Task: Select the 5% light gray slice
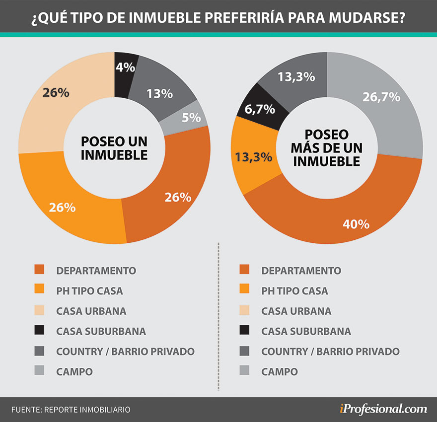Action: click(x=191, y=118)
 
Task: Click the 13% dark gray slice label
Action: click(x=159, y=93)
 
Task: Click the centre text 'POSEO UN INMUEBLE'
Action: click(x=114, y=148)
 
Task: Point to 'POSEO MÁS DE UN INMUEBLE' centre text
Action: click(x=326, y=147)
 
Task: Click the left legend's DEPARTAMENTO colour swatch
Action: click(x=39, y=270)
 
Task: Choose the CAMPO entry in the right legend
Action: click(x=280, y=371)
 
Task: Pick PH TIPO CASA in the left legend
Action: click(x=89, y=290)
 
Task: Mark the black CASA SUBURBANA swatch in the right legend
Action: click(x=244, y=331)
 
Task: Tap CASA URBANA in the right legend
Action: click(x=296, y=311)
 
